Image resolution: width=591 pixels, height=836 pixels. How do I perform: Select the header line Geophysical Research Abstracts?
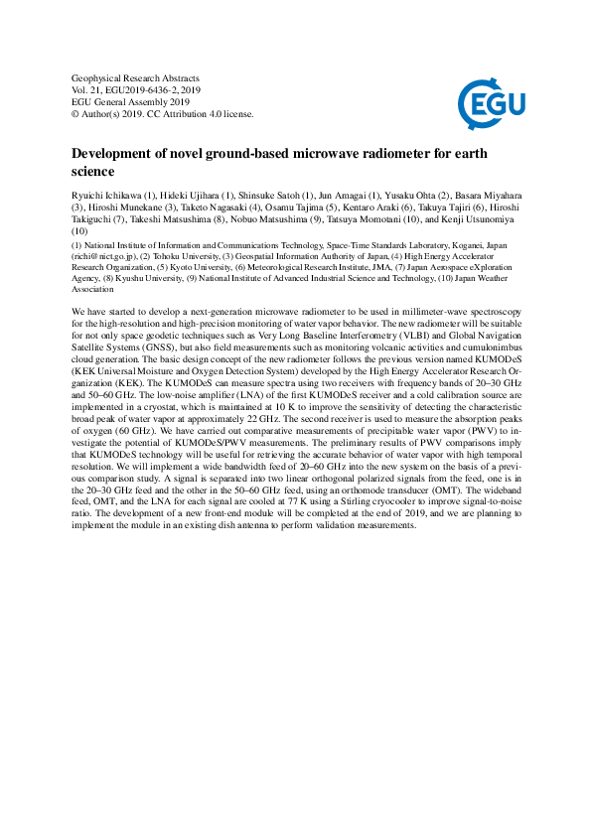[x=136, y=77]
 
